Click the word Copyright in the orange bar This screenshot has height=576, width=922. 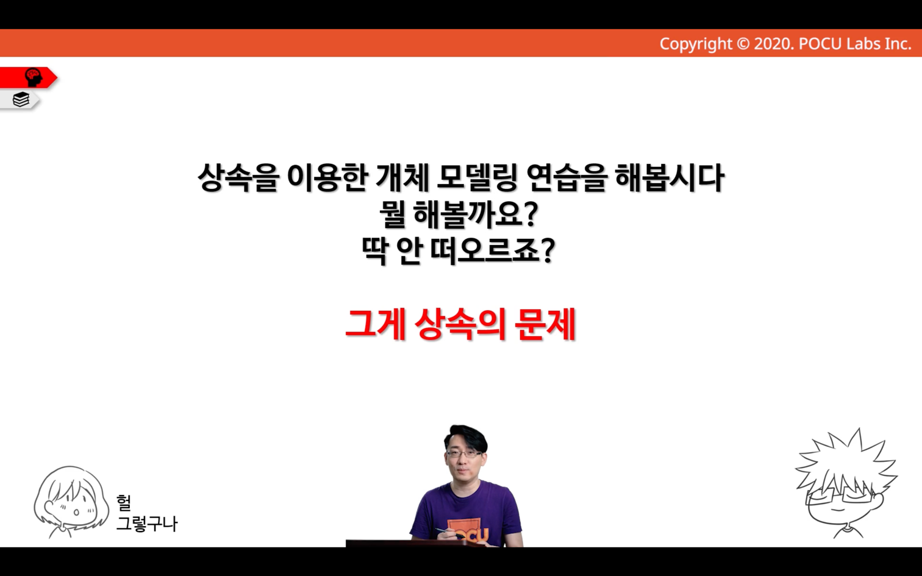(x=696, y=44)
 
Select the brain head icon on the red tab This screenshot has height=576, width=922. (x=34, y=77)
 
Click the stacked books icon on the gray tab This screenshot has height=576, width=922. (x=21, y=99)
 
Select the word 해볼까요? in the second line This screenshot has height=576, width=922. (x=476, y=214)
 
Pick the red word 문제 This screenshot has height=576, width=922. (x=545, y=325)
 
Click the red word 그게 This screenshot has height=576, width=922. (x=376, y=325)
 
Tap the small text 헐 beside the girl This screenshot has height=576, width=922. (x=123, y=502)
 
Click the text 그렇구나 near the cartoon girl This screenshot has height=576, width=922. (x=147, y=524)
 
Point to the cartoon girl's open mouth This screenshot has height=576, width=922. (x=76, y=513)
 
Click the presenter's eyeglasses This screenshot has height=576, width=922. (x=464, y=454)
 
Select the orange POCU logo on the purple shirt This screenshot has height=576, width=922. (x=470, y=532)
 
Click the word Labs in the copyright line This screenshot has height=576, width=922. (x=861, y=44)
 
